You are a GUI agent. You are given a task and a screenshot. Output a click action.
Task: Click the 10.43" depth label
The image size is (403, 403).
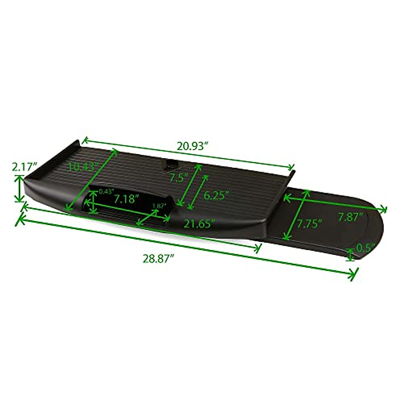tap(82, 166)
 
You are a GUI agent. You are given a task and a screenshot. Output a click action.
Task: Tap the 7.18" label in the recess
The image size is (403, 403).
tap(126, 199)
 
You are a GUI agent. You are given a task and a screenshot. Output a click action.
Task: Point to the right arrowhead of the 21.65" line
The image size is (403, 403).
tap(259, 248)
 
